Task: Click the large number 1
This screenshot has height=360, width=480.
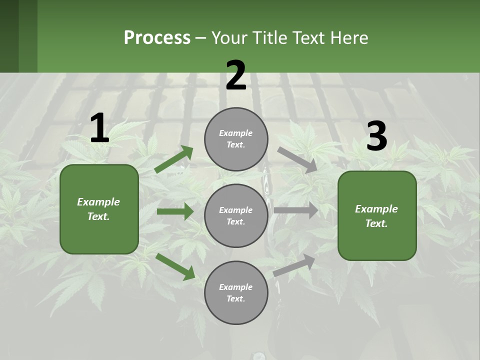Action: [99, 128]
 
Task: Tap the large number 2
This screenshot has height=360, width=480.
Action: [236, 75]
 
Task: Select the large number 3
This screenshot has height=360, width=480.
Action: [377, 136]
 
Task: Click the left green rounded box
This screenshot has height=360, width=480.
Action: [99, 209]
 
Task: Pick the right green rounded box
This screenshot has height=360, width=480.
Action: [377, 215]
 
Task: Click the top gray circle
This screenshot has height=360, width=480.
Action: [236, 139]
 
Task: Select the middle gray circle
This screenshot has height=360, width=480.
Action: [236, 215]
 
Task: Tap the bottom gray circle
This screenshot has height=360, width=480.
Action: [236, 292]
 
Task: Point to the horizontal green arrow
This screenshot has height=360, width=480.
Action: [175, 211]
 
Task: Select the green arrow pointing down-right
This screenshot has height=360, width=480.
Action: [175, 266]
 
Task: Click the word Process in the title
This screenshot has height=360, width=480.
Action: [157, 37]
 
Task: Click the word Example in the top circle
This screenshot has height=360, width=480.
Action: [236, 133]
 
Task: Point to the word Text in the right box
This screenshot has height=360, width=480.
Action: [376, 223]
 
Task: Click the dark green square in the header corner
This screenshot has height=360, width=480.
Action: [9, 36]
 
